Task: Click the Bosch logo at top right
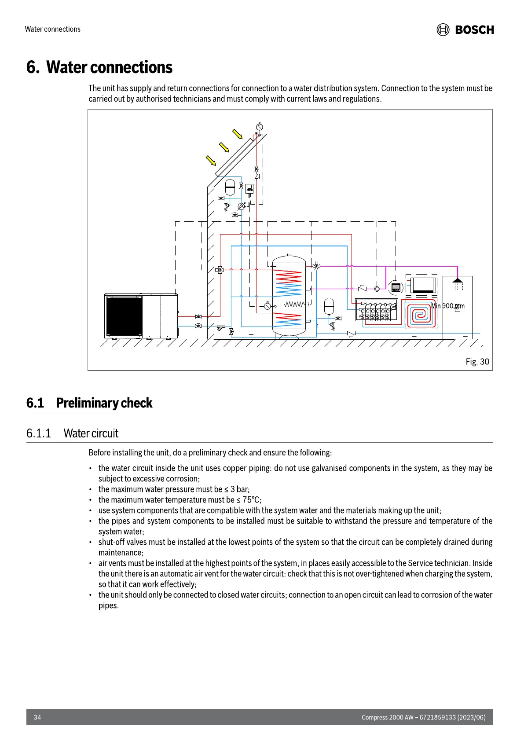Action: (465, 29)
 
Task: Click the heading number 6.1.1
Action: (38, 433)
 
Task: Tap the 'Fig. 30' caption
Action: (477, 362)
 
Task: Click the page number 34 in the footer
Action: (37, 717)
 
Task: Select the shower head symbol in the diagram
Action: (458, 280)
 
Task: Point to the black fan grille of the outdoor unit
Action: (124, 316)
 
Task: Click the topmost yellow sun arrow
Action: (238, 134)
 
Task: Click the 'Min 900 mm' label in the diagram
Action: (447, 306)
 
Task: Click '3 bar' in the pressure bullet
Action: (239, 489)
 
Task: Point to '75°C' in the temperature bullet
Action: (251, 500)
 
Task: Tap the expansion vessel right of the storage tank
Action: (329, 307)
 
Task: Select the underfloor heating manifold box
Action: (376, 310)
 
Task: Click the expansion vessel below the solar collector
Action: (230, 187)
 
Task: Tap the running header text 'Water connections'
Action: (53, 29)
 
